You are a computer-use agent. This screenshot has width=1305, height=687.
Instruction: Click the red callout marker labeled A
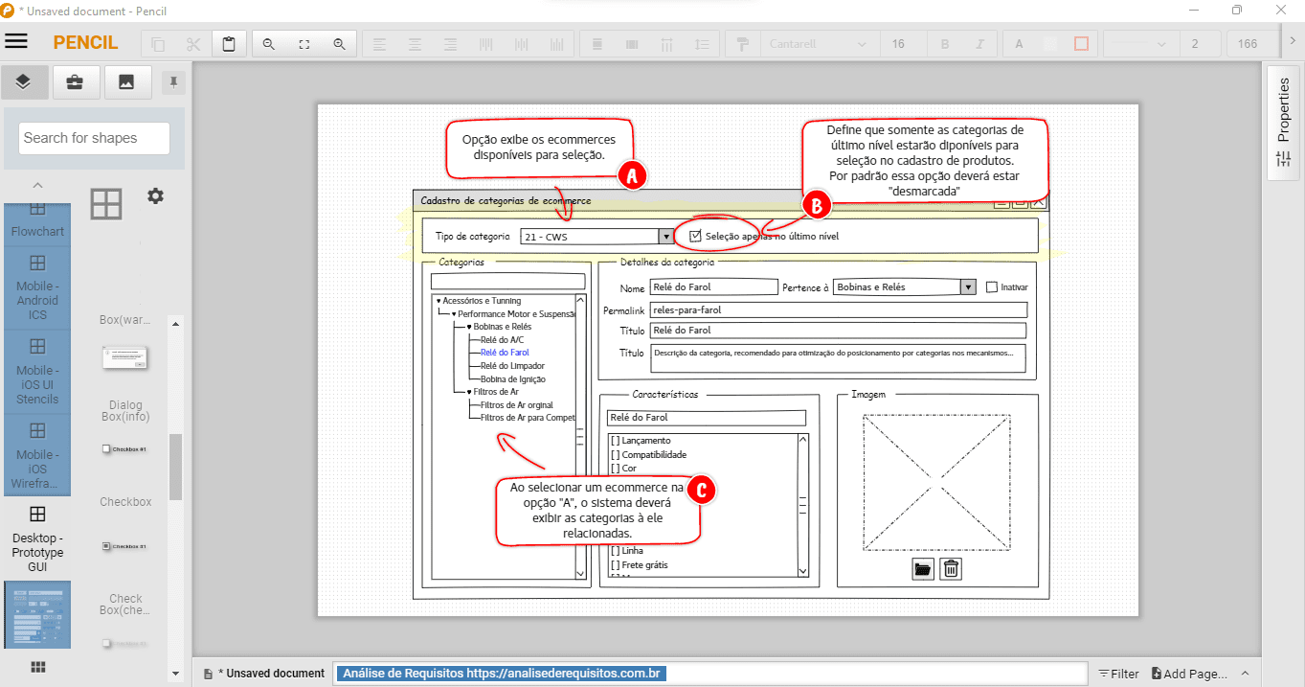pyautogui.click(x=631, y=174)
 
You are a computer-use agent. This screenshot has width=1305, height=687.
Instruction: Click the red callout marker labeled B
pyautogui.click(x=817, y=204)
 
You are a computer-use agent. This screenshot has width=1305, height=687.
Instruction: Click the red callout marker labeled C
pyautogui.click(x=701, y=491)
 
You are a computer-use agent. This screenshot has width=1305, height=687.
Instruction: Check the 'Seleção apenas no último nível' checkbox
pyautogui.click(x=696, y=236)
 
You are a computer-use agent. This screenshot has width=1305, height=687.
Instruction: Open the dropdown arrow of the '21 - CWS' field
pyautogui.click(x=665, y=237)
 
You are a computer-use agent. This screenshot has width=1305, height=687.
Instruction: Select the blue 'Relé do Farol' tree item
pyautogui.click(x=505, y=353)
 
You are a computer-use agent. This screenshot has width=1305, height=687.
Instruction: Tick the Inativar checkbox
pyautogui.click(x=992, y=287)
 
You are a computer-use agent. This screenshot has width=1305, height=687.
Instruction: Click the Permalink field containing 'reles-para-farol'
pyautogui.click(x=838, y=309)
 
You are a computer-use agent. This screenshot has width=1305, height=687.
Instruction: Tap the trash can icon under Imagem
pyautogui.click(x=950, y=569)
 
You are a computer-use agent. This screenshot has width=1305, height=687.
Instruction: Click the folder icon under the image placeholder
pyautogui.click(x=922, y=569)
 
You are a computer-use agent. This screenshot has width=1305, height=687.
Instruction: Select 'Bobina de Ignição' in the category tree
pyautogui.click(x=512, y=379)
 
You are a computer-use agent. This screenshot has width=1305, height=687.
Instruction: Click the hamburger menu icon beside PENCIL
pyautogui.click(x=16, y=41)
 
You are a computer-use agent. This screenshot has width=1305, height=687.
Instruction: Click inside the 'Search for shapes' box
pyautogui.click(x=94, y=138)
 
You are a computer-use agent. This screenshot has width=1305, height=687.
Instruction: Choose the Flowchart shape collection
pyautogui.click(x=37, y=221)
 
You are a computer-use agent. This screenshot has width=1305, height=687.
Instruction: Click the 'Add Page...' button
pyautogui.click(x=1189, y=674)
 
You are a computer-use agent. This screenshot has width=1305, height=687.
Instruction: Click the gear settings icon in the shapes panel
pyautogui.click(x=155, y=195)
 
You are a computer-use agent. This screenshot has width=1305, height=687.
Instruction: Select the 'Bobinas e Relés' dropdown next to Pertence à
pyautogui.click(x=903, y=287)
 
